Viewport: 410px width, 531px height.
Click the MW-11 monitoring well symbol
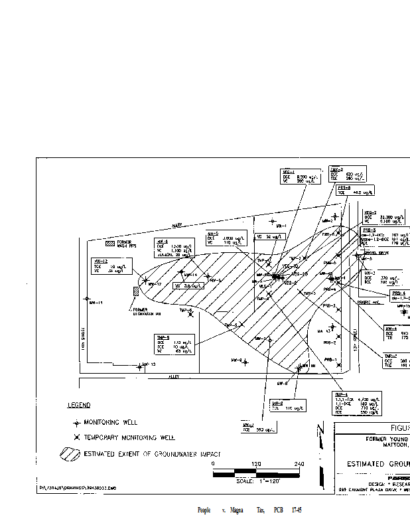pyautogui.click(x=86, y=299)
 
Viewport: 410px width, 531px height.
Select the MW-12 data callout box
pyautogui.click(x=108, y=265)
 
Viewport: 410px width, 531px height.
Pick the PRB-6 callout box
pyautogui.click(x=354, y=190)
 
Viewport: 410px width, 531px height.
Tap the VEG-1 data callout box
pyautogui.click(x=300, y=176)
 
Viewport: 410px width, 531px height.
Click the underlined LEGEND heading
pyautogui.click(x=79, y=405)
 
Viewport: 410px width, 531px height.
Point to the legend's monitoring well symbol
pyautogui.click(x=76, y=422)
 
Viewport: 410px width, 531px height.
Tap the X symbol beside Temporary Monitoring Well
pyautogui.click(x=76, y=437)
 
